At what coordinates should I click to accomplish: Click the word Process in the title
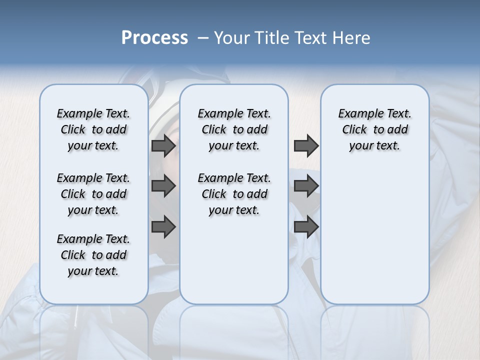pos(154,37)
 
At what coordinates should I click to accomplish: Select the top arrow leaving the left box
pos(163,145)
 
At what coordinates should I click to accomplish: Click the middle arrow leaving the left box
pos(163,186)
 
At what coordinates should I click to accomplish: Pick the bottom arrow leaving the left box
pos(163,227)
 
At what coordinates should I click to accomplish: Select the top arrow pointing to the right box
pos(306,145)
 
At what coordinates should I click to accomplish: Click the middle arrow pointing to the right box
pos(306,186)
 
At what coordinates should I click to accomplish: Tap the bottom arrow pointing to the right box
pos(306,227)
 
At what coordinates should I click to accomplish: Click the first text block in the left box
pos(93,129)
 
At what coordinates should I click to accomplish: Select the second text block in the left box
pos(93,194)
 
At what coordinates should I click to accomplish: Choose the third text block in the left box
pos(93,255)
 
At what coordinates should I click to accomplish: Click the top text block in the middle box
pos(234,129)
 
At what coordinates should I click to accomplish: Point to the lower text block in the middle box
pos(234,194)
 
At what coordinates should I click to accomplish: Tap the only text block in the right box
pos(374,129)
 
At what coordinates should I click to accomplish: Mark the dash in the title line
pos(203,38)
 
